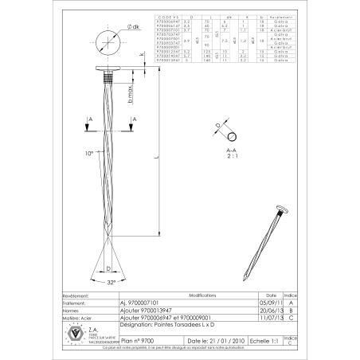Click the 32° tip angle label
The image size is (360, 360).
(112, 282)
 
